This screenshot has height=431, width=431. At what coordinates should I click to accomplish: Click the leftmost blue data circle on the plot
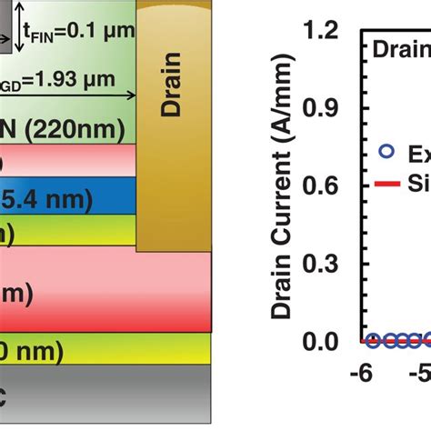tap(371, 341)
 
